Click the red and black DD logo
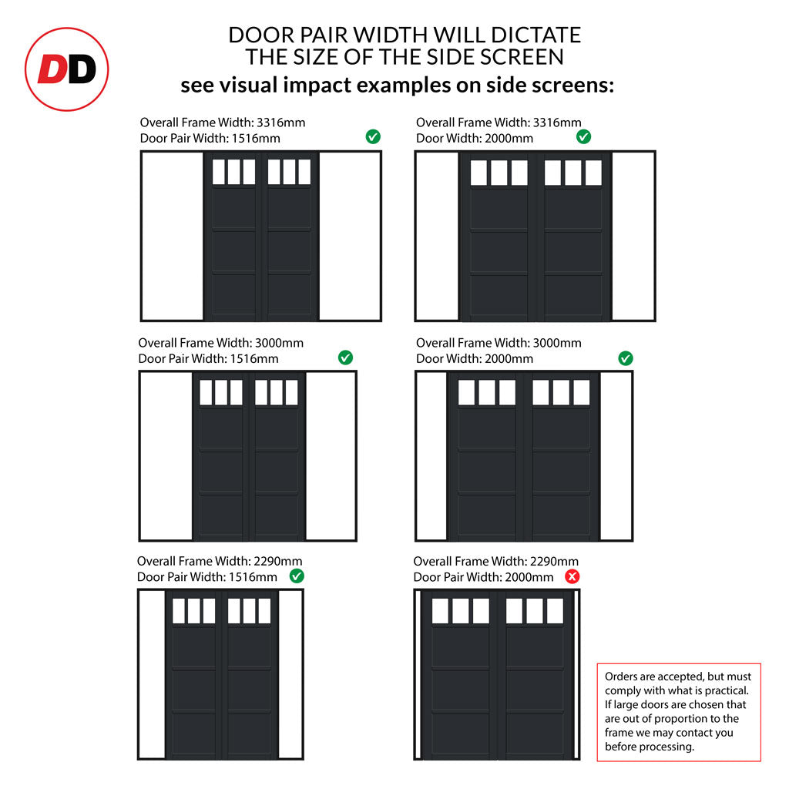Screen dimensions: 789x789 (x=66, y=69)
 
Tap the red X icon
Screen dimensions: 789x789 (x=572, y=576)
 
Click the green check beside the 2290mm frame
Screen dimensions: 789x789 (x=297, y=576)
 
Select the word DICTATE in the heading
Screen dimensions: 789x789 (x=536, y=35)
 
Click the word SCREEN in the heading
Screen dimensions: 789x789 (x=522, y=57)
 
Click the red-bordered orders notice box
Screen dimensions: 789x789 (x=679, y=712)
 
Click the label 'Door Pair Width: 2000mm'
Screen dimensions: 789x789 (x=483, y=577)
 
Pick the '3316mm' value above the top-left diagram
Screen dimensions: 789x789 (x=280, y=123)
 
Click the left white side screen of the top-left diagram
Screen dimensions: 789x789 (x=173, y=236)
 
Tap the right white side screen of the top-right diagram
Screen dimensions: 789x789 (x=633, y=236)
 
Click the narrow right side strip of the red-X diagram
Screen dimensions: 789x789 (x=576, y=674)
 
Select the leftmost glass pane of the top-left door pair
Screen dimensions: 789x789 (x=219, y=172)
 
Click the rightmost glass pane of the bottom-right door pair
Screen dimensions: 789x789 (x=555, y=611)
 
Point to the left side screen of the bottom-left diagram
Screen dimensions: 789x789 (x=153, y=674)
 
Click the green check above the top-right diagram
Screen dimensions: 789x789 (x=584, y=137)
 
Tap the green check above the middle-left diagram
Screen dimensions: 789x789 (x=345, y=358)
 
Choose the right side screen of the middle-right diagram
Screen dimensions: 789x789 (x=616, y=456)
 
